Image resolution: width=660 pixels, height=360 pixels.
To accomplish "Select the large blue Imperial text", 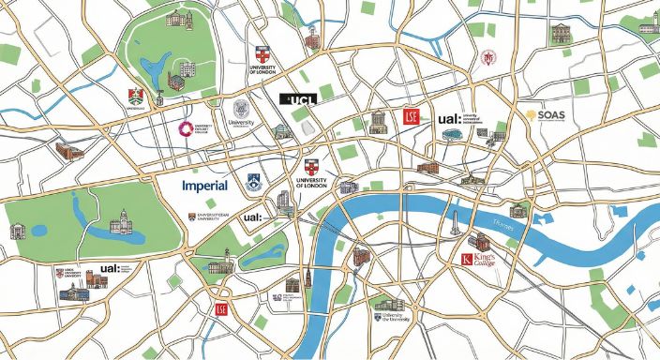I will tap(204, 186).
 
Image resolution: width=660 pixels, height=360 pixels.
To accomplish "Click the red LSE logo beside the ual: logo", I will tap(410, 116).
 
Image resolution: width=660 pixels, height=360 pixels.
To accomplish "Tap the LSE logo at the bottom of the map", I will tap(221, 309).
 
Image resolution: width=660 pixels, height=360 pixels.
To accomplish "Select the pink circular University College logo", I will tap(187, 128).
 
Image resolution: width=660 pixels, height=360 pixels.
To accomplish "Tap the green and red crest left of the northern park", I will tap(135, 96).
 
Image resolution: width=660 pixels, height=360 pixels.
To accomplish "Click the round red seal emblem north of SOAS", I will tap(487, 58).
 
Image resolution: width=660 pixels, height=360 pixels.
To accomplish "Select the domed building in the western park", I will tap(120, 223).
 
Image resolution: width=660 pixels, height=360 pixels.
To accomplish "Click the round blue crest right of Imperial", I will tap(252, 184).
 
